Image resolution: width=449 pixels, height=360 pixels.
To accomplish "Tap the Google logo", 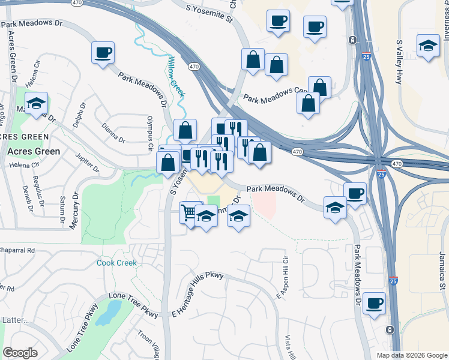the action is pos(20,353).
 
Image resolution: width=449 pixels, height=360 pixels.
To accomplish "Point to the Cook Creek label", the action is pos(117,263).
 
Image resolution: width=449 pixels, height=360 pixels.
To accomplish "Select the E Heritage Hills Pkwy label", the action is pos(197,294).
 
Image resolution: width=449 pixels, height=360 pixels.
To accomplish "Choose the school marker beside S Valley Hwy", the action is pos(428,46).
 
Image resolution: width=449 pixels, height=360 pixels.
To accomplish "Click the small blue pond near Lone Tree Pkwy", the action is pos(109,313).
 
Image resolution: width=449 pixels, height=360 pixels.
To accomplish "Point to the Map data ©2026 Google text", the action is pos(411,355).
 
